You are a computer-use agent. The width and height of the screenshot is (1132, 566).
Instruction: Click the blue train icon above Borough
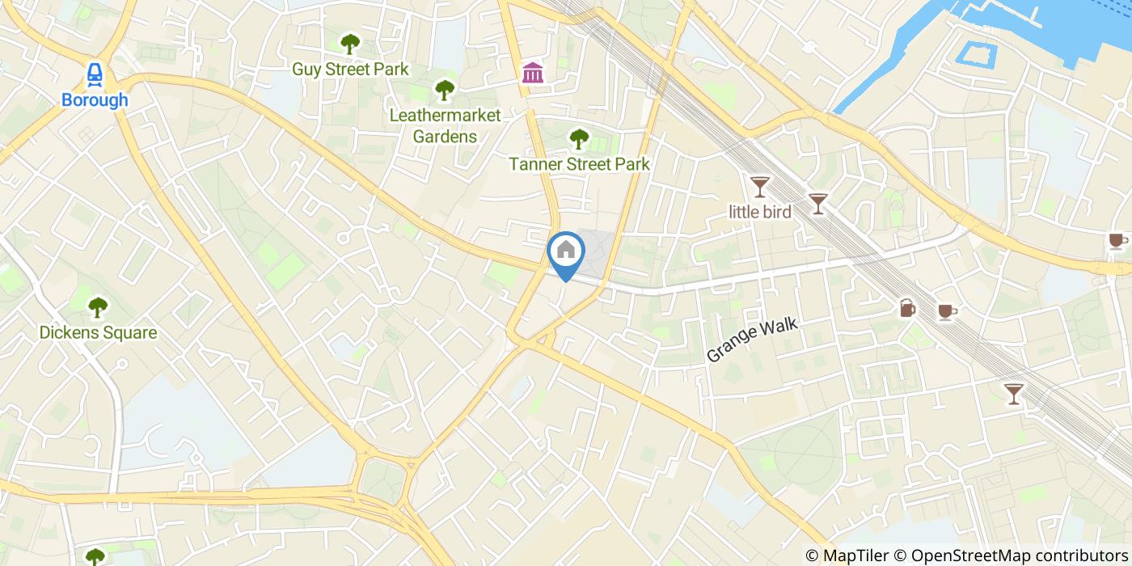pos(95,74)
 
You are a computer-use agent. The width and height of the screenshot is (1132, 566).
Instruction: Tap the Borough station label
pos(95,100)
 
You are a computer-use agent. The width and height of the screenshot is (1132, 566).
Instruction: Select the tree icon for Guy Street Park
pos(349,44)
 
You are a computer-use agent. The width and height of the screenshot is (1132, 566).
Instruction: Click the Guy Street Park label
pos(350,70)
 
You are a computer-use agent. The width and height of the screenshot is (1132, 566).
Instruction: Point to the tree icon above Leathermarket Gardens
pos(444,90)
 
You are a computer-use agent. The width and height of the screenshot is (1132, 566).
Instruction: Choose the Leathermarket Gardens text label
pos(445,125)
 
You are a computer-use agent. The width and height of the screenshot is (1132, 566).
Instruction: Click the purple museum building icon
pos(533,73)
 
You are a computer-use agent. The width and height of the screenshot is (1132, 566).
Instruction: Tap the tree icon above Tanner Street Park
pos(578,139)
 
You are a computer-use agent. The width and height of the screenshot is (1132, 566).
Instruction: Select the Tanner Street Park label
pos(579,164)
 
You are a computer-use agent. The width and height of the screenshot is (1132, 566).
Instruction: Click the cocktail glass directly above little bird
pos(759,187)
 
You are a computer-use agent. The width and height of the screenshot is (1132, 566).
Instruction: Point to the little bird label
pos(759,211)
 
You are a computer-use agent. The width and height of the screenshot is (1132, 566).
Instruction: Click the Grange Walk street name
pos(752,340)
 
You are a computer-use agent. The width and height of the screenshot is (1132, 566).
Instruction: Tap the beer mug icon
pos(907,308)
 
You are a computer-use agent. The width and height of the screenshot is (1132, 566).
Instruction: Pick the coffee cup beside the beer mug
pos(947,311)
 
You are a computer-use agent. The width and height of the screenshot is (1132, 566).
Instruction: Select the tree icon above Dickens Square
pos(98,307)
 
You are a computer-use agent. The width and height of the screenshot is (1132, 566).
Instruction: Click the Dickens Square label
pos(98,332)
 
